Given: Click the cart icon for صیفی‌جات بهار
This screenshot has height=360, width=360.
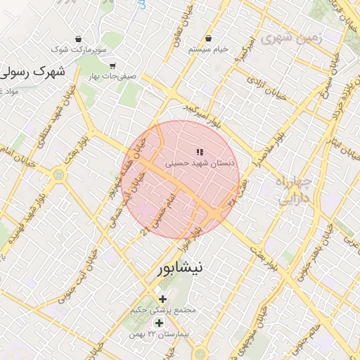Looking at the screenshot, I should (112, 65).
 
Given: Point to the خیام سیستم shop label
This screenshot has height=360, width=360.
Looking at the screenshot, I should (208, 50).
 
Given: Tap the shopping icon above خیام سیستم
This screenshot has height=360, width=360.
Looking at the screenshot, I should (208, 38).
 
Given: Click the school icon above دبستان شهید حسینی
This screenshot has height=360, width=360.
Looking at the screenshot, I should (200, 151).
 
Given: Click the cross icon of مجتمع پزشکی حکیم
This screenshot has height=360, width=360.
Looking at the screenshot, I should (163, 299).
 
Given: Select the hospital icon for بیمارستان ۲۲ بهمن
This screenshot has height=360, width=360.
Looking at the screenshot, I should (160, 323).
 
